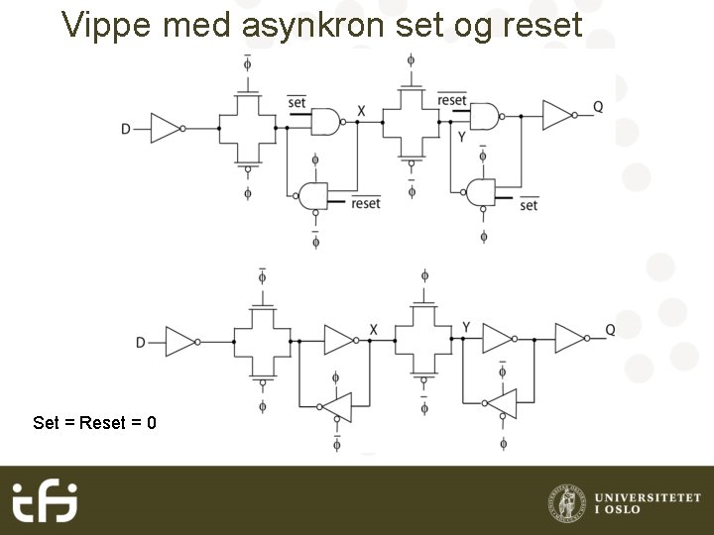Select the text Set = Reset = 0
94,423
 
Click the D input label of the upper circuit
126,129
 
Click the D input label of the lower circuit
141,342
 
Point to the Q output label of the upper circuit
598,107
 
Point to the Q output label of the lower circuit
610,330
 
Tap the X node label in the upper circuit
361,110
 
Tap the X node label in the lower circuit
373,329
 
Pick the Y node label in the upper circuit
461,137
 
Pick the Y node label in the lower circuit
466,327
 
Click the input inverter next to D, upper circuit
165,128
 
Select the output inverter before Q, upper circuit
557,116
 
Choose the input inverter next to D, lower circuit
180,342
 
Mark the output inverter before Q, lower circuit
570,339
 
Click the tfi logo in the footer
45,500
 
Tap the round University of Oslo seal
566,501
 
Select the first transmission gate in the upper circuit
247,128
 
